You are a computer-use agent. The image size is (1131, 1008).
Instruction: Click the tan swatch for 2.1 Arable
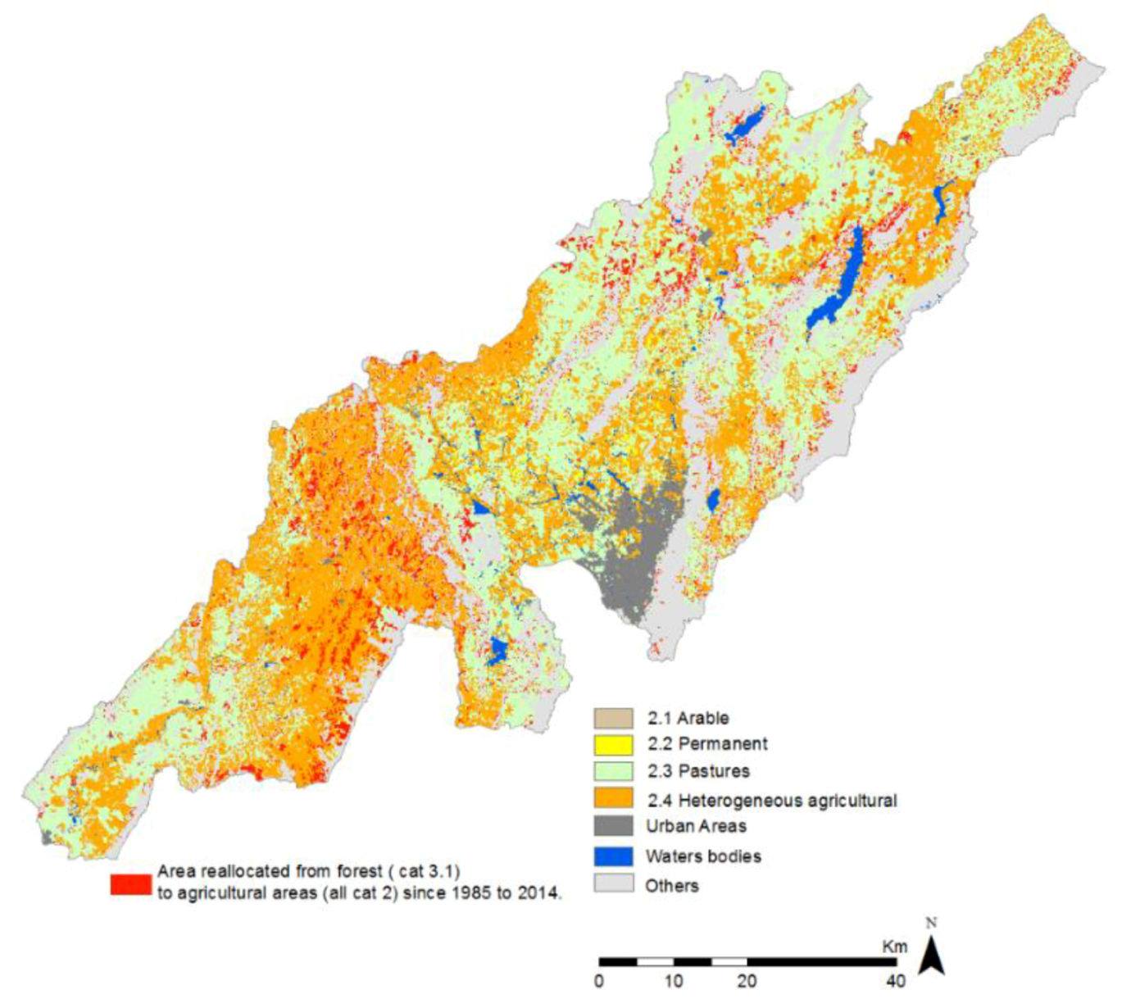(613, 718)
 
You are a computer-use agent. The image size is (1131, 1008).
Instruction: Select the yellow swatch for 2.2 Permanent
(613, 744)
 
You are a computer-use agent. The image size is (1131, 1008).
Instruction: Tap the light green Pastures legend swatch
(613, 771)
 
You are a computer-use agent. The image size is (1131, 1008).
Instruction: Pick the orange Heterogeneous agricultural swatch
(613, 798)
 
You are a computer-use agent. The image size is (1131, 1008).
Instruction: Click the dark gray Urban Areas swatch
(613, 826)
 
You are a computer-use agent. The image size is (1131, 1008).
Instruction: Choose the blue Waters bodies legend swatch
(613, 856)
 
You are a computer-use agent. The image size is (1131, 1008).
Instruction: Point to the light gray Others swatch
(613, 884)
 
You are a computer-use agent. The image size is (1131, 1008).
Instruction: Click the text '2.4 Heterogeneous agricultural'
(771, 800)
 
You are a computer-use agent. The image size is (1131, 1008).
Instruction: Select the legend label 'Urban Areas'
(696, 826)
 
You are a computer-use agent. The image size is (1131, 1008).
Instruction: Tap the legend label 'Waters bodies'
(703, 856)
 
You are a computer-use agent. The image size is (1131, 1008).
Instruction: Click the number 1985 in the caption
(460, 893)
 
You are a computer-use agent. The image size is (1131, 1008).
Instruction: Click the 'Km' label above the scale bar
(894, 947)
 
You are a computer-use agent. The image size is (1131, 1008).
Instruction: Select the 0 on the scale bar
(599, 981)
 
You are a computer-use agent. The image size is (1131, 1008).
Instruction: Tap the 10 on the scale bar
(674, 981)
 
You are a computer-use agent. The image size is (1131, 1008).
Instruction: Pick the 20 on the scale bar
(747, 981)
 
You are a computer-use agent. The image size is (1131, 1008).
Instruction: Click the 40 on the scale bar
(895, 981)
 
